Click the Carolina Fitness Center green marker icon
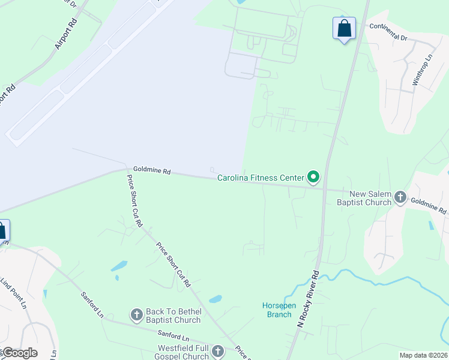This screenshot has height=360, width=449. click(313, 176)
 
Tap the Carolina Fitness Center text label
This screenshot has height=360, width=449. click(261, 178)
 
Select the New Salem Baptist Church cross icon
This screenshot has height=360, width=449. click(400, 197)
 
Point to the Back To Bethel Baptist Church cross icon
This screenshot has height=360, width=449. click(136, 314)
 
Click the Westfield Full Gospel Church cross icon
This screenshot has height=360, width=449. click(217, 350)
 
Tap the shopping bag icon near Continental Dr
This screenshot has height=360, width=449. click(344, 28)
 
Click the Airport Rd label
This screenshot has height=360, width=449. click(66, 34)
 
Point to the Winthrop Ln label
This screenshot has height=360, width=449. click(422, 71)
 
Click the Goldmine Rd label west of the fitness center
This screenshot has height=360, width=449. click(152, 171)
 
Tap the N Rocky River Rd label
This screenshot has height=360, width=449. click(308, 298)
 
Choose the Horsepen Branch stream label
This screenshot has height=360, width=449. click(279, 310)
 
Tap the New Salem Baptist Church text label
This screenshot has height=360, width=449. click(370, 198)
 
